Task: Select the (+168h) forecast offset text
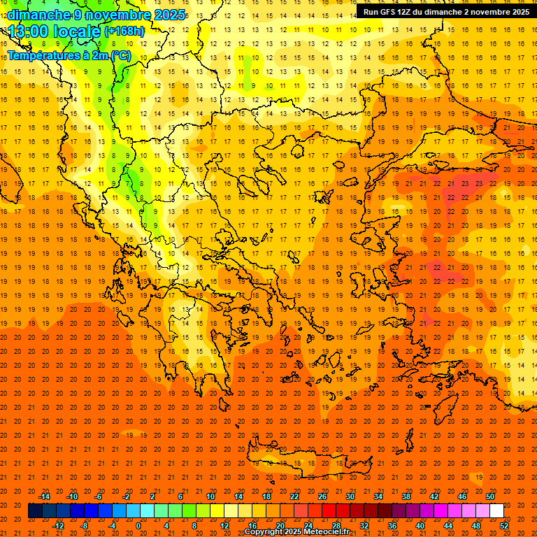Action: (x=124, y=31)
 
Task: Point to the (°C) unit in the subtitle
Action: (x=121, y=55)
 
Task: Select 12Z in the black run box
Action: (x=406, y=12)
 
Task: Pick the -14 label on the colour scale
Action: (x=44, y=496)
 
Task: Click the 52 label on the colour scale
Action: (x=504, y=525)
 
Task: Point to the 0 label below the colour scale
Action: (x=138, y=525)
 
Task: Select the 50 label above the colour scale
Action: (x=490, y=496)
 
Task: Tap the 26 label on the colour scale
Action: (x=322, y=496)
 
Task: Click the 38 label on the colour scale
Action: (x=406, y=496)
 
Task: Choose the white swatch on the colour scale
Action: (x=496, y=511)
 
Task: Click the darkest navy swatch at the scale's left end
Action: (x=35, y=511)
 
